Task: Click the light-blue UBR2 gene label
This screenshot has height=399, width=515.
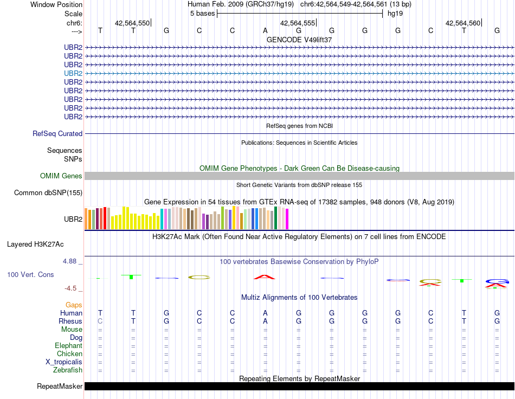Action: [x=73, y=73]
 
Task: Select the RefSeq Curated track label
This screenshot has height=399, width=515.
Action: [x=57, y=133]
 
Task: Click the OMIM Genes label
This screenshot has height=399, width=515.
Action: [x=61, y=176]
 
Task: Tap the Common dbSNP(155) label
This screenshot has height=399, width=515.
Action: [x=48, y=192]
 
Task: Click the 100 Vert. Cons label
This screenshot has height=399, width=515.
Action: [x=30, y=275]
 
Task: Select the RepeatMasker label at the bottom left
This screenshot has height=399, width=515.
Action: [x=60, y=387]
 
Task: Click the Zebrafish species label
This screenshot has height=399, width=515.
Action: [x=68, y=370]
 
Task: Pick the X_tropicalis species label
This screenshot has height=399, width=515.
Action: [x=64, y=362]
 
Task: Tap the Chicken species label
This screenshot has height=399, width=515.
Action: [x=69, y=354]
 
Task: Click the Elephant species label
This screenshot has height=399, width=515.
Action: [x=68, y=346]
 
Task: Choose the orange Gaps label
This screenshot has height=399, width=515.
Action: [x=74, y=305]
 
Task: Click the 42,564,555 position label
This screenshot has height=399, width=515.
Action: [x=297, y=23]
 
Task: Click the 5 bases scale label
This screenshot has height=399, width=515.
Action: [x=202, y=14]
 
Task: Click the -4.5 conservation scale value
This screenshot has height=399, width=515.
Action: [x=71, y=288]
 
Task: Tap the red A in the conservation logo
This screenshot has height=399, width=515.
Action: [x=265, y=277]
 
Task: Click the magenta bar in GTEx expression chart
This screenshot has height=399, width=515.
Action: [x=287, y=219]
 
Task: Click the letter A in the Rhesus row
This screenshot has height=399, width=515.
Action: [x=265, y=321]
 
